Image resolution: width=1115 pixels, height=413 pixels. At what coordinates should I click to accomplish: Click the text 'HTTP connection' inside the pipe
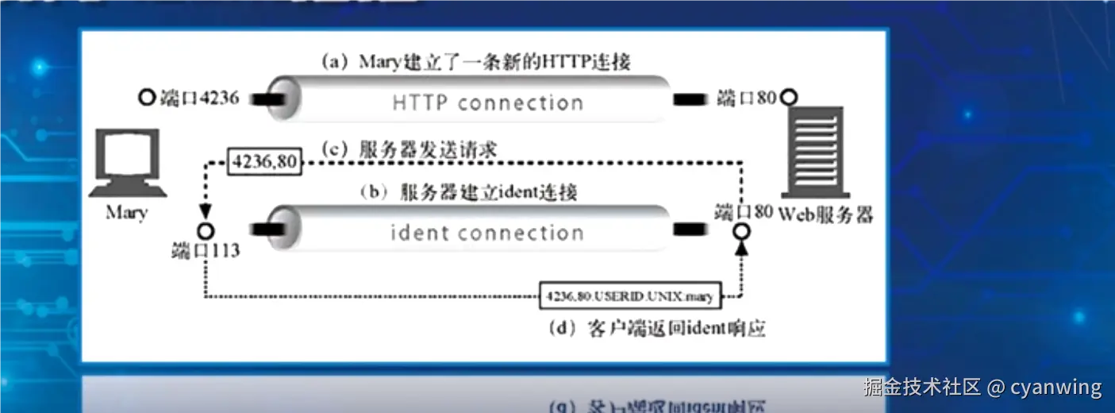click(487, 103)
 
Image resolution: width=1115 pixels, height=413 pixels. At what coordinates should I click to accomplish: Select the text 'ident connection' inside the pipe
click(486, 234)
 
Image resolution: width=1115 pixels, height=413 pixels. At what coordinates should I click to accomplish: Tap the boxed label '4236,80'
click(264, 162)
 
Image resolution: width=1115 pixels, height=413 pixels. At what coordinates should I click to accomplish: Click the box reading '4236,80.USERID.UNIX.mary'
click(629, 297)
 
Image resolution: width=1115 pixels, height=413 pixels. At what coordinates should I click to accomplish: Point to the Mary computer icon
click(126, 164)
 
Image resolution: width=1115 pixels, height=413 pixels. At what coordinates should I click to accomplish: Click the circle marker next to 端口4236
click(146, 98)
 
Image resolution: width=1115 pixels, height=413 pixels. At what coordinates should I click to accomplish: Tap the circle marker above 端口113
click(206, 231)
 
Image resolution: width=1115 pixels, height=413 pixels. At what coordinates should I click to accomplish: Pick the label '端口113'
click(206, 251)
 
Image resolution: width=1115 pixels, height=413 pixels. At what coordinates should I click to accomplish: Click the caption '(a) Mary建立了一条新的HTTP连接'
click(475, 61)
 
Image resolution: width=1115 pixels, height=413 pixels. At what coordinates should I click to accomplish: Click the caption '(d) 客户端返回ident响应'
click(656, 328)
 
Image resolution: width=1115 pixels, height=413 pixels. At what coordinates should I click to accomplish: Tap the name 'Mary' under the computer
click(126, 214)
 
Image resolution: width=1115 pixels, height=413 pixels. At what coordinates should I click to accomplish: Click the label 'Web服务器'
click(825, 214)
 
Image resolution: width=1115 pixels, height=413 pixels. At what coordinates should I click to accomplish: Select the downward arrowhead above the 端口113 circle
click(206, 212)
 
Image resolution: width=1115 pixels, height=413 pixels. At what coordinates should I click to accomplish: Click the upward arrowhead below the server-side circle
click(742, 249)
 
